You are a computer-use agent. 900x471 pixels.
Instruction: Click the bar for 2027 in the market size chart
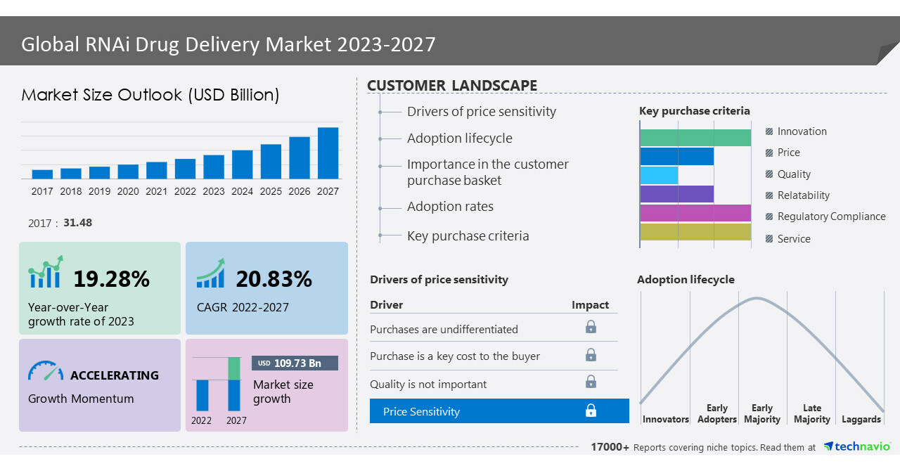[328, 153]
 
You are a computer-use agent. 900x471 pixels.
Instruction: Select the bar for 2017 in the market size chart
[42, 174]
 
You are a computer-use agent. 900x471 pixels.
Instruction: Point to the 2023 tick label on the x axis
[214, 191]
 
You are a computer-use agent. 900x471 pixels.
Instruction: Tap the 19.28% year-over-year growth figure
[112, 279]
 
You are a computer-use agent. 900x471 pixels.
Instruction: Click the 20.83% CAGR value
[274, 279]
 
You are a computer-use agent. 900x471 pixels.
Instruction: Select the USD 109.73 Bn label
[295, 363]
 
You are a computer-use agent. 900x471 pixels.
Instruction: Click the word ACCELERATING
[115, 375]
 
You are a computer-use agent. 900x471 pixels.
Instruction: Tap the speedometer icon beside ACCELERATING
[46, 371]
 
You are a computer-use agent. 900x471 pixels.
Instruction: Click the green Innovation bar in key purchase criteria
[695, 138]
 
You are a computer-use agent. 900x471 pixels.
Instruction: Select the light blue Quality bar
[659, 175]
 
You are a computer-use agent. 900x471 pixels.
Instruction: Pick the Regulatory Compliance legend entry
[831, 217]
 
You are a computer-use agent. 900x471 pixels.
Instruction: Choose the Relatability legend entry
[803, 195]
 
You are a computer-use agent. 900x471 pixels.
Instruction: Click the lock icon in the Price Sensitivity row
[591, 411]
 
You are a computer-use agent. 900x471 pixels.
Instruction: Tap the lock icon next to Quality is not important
[591, 382]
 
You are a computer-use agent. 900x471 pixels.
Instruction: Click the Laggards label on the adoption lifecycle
[861, 419]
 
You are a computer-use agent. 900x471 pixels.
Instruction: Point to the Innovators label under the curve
[665, 419]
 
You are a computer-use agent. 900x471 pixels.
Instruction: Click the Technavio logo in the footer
[856, 446]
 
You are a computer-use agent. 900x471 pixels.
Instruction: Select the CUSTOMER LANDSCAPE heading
[452, 86]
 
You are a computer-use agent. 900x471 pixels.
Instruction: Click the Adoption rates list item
[450, 207]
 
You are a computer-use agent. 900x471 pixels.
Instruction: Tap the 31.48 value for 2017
[77, 223]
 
